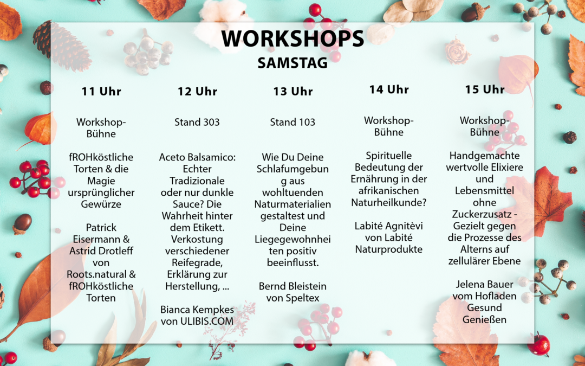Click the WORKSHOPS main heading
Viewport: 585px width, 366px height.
(292, 38)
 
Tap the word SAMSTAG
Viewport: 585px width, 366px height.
(292, 63)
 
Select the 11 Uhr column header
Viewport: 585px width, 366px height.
(101, 91)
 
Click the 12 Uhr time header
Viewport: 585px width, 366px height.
(197, 91)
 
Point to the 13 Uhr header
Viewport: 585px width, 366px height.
(293, 91)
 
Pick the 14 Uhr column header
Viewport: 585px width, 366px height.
(389, 89)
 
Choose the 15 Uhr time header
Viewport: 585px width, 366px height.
(485, 89)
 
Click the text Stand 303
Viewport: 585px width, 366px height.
(197, 122)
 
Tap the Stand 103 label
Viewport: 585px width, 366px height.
(292, 122)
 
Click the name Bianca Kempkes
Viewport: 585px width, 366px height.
(197, 310)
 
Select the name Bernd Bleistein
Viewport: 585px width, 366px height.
(292, 286)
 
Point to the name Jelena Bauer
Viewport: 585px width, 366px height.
(484, 284)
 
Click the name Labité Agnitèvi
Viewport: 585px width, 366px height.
(389, 226)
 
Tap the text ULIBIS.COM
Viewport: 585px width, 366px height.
(207, 321)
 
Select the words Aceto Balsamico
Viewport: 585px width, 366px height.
(197, 157)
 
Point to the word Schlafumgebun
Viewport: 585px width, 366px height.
(292, 169)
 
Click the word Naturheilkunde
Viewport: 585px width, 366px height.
(387, 202)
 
